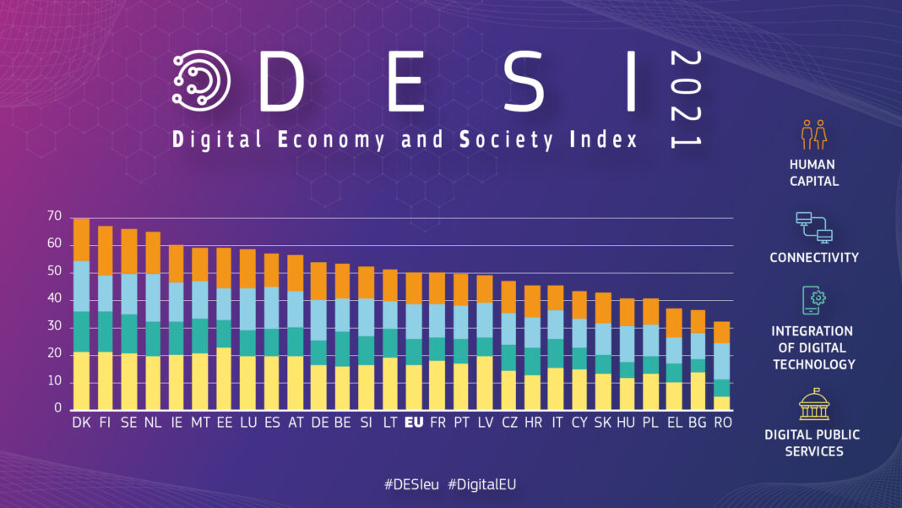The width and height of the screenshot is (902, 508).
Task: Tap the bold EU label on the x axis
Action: [414, 421]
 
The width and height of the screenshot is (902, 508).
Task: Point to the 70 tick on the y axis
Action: [55, 217]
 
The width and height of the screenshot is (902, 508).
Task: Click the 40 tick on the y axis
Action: [55, 299]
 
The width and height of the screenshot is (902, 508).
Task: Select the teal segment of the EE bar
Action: [224, 334]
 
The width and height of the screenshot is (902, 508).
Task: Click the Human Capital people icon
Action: [813, 134]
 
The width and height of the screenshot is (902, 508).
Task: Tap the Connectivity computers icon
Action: [813, 227]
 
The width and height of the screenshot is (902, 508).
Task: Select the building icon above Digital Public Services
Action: [813, 404]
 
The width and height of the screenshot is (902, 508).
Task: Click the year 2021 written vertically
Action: [685, 99]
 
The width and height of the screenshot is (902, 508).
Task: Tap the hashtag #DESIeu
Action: [411, 484]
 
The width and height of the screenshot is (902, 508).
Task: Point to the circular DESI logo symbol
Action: [201, 82]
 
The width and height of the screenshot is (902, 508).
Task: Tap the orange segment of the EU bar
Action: [414, 288]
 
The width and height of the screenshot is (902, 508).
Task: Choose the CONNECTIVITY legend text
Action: [813, 257]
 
